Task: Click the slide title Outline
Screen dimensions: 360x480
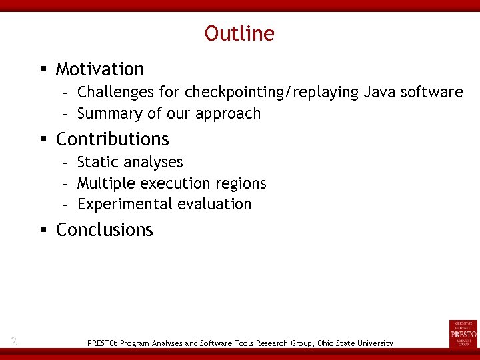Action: pyautogui.click(x=239, y=33)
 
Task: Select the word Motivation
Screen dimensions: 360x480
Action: pyautogui.click(x=100, y=69)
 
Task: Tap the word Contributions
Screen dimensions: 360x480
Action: pyautogui.click(x=113, y=139)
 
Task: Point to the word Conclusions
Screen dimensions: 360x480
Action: pyautogui.click(x=105, y=230)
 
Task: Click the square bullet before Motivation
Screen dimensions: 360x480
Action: pyautogui.click(x=43, y=69)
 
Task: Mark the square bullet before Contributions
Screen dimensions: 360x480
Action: pyautogui.click(x=43, y=139)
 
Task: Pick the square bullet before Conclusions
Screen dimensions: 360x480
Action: pyautogui.click(x=43, y=230)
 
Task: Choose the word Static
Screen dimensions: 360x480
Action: pyautogui.click(x=97, y=162)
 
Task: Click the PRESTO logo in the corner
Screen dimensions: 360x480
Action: pyautogui.click(x=463, y=333)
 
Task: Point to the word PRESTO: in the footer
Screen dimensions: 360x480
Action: pyautogui.click(x=102, y=343)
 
